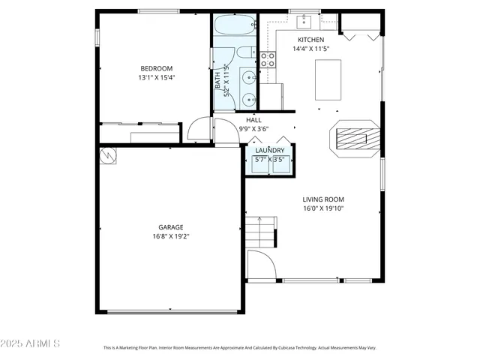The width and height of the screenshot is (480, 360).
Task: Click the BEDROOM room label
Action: [x=155, y=68]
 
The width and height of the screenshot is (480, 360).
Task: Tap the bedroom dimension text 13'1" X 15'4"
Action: [x=155, y=77]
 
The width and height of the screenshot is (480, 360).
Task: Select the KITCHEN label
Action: [x=310, y=40]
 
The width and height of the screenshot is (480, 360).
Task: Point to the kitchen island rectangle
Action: [x=328, y=79]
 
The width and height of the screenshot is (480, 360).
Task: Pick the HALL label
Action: [x=253, y=120]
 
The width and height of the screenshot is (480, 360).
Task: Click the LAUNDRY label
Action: [x=269, y=151]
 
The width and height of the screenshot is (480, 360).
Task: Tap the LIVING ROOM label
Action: [x=323, y=199]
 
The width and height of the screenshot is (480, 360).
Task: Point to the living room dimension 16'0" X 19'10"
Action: [x=323, y=209]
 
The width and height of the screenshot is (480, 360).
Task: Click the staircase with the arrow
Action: [x=259, y=232]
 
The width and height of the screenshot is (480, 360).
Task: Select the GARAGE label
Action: [x=170, y=227]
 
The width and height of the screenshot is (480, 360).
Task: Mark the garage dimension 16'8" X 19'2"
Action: [x=170, y=236]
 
